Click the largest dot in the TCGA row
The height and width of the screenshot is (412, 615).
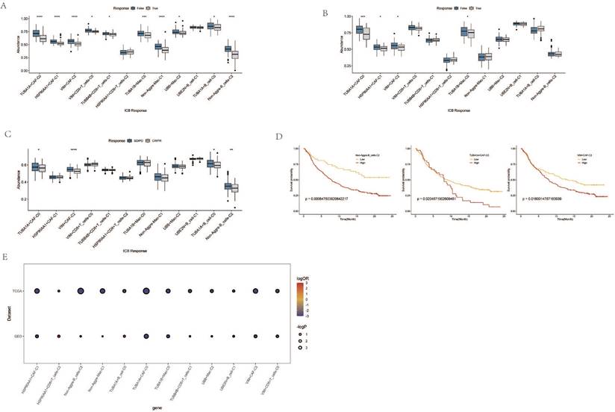click(x=81, y=291)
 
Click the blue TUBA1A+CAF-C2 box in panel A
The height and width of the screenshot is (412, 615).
click(x=36, y=34)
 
